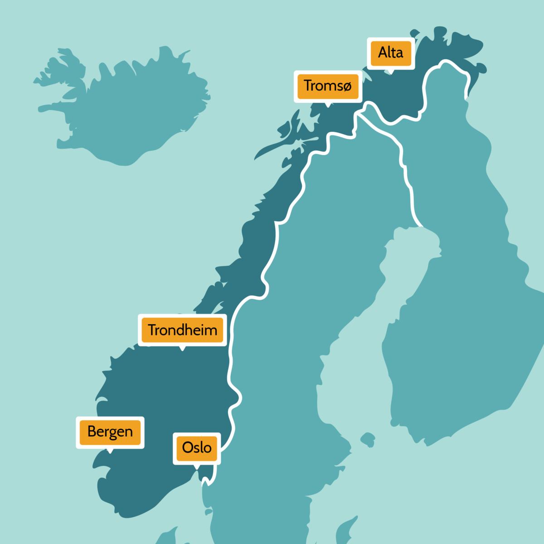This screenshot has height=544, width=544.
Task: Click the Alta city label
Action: (x=390, y=53)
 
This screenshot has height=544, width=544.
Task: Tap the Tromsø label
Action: (x=328, y=86)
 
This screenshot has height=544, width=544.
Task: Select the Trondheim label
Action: (x=182, y=330)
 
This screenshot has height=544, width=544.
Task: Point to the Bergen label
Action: (x=110, y=432)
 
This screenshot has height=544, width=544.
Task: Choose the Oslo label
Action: (x=197, y=448)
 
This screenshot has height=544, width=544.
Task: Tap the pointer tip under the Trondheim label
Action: (x=182, y=350)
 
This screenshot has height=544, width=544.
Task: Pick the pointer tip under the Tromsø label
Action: (x=327, y=106)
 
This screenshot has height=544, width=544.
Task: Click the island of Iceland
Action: (x=136, y=109)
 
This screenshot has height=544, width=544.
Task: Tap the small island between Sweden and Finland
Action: (x=368, y=439)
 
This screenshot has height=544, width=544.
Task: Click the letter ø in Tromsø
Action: (x=346, y=86)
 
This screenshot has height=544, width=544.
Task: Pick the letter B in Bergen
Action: (x=92, y=431)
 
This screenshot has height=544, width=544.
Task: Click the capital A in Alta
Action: (x=383, y=53)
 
